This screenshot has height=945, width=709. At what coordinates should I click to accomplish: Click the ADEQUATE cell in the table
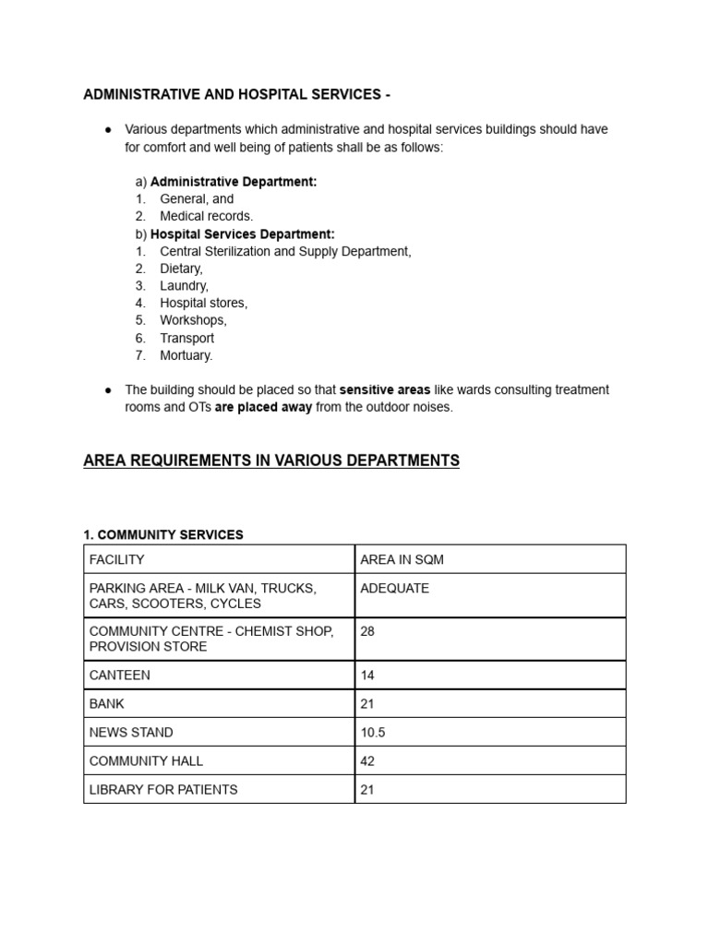coord(394,589)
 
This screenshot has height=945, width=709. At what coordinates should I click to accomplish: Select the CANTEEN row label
coord(119,676)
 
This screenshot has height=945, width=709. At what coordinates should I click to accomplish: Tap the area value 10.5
coord(373,733)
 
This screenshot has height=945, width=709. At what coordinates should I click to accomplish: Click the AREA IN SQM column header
coord(402,560)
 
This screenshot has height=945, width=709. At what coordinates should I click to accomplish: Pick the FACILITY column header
coord(117,560)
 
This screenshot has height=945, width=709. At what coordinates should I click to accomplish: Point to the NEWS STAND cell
coord(131,733)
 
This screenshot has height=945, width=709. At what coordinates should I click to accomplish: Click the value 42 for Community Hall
coord(367,761)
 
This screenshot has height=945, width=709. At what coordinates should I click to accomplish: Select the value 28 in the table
coord(367,632)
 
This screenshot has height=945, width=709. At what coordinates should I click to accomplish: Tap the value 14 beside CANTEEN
coord(367,676)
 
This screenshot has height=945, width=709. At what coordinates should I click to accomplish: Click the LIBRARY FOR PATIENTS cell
coord(163,790)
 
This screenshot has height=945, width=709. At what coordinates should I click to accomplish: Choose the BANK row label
coord(107,704)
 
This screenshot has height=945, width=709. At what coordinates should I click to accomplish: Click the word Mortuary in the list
coord(186,355)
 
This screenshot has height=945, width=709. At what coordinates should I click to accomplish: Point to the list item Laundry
coord(184,286)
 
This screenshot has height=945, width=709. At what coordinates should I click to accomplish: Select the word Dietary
coord(181,269)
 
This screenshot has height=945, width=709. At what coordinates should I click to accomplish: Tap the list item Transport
coord(187,338)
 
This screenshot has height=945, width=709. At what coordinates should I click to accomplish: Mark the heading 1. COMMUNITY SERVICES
coord(163,535)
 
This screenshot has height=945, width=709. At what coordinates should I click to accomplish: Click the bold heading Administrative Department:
coord(234,182)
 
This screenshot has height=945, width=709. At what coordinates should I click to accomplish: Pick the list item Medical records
coord(206,216)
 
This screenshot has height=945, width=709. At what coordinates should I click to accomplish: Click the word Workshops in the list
coord(193,320)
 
